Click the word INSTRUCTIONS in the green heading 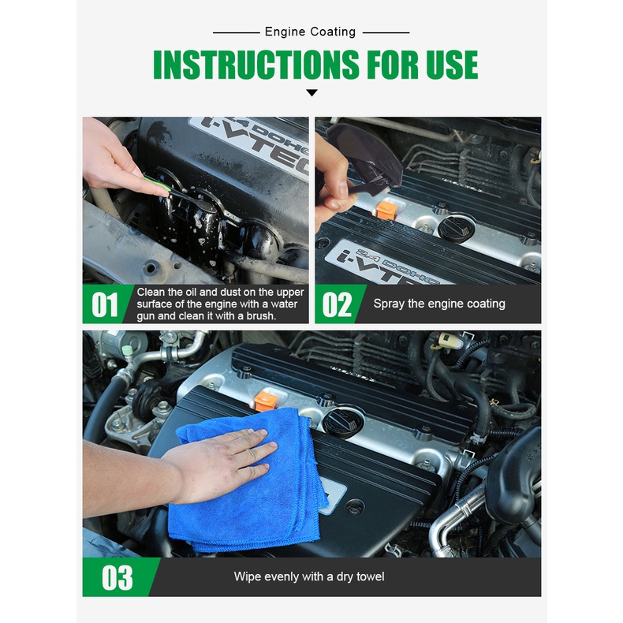[x=256, y=65]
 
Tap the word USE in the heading [x=452, y=65]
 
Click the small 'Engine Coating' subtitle [x=310, y=32]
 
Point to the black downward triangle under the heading [x=312, y=92]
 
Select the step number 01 [x=105, y=304]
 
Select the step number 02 [x=337, y=304]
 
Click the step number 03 [x=118, y=578]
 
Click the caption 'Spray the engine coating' [x=439, y=304]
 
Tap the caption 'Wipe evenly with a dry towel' [x=309, y=576]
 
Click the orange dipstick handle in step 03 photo [x=266, y=401]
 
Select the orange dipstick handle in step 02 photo [x=386, y=211]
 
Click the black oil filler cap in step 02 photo [x=456, y=229]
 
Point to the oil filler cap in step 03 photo [x=343, y=423]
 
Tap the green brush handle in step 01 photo [x=156, y=185]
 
